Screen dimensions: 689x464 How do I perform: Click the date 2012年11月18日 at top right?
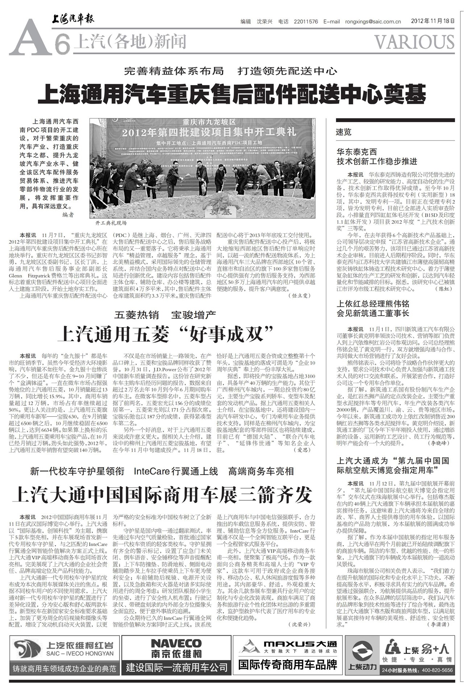(432, 21)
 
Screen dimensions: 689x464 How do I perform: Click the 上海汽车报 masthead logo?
(72, 19)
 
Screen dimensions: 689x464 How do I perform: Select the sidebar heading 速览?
(344, 132)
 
